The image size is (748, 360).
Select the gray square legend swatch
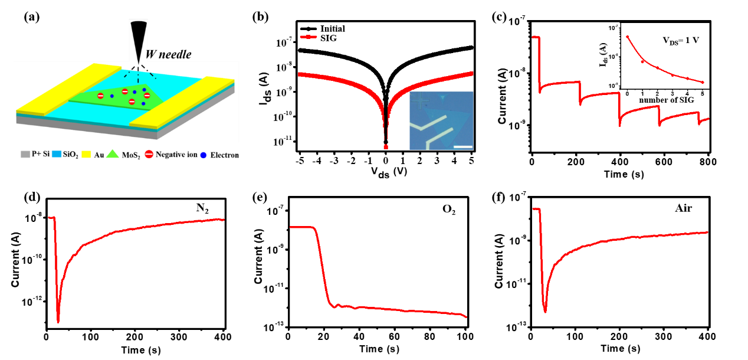(x=25, y=155)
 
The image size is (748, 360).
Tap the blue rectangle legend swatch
(x=57, y=155)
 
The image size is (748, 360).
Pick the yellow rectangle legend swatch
(x=86, y=155)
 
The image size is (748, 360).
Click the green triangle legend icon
(x=113, y=154)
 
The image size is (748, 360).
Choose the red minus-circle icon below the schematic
(x=149, y=154)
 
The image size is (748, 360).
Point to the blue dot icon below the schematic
(x=203, y=155)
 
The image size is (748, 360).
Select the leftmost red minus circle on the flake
(x=100, y=96)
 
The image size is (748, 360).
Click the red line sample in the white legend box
(x=309, y=37)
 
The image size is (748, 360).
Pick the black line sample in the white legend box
(x=309, y=28)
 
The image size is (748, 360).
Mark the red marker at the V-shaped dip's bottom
(x=386, y=147)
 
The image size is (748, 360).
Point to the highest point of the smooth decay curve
(x=628, y=37)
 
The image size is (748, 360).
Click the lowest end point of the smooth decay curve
(x=703, y=82)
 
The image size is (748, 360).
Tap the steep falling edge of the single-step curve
(x=322, y=266)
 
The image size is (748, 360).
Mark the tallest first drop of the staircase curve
(x=539, y=65)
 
